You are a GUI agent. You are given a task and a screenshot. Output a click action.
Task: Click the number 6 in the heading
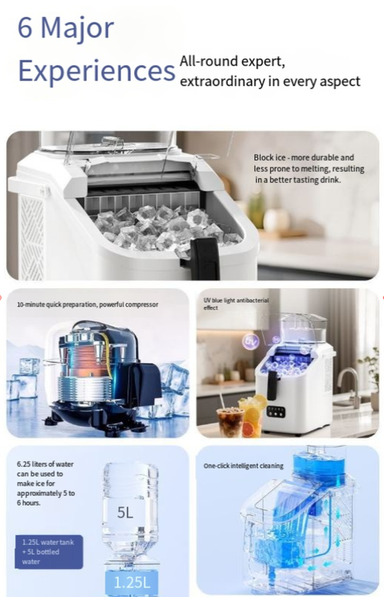(25, 28)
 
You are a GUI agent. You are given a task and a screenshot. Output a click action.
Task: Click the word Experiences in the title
(96, 70)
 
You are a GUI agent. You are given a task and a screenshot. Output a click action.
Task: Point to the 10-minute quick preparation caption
(88, 304)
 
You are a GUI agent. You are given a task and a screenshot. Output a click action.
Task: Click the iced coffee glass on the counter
(230, 421)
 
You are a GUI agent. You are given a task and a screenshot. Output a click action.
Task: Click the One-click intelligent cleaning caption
(243, 466)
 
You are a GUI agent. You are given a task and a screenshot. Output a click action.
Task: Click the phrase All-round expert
(232, 61)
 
